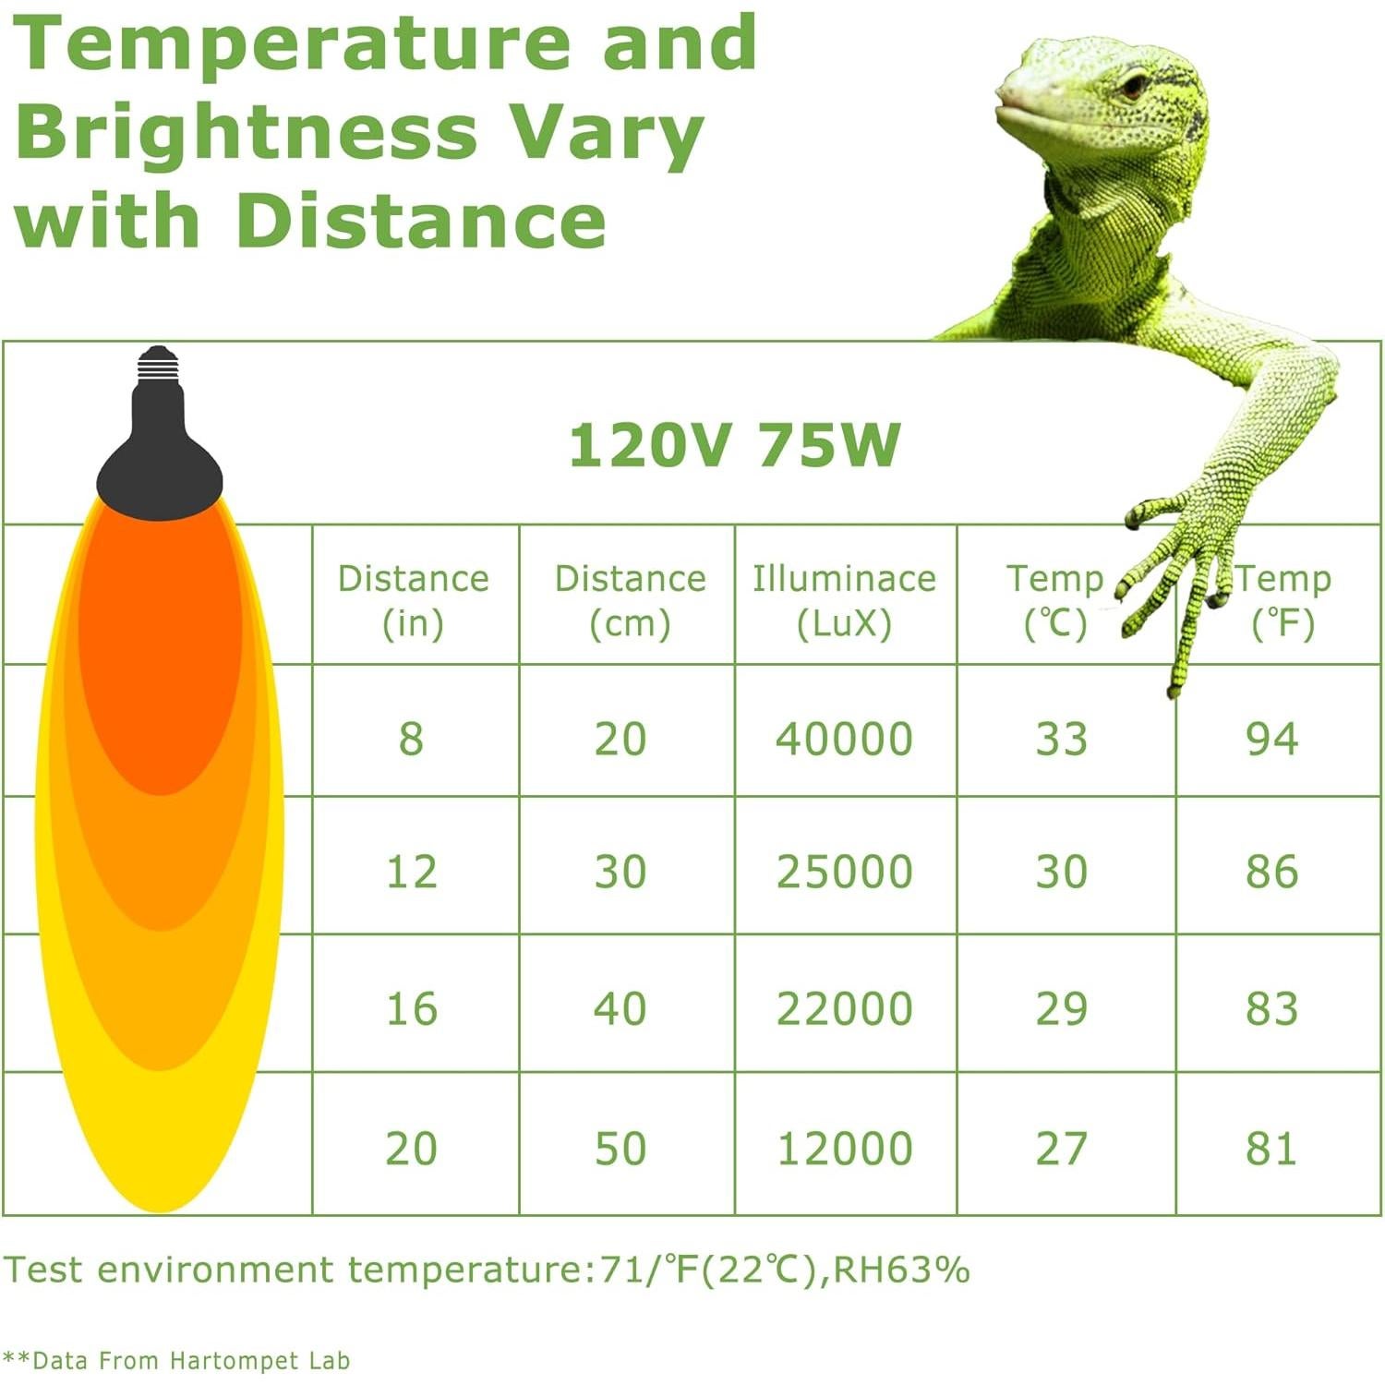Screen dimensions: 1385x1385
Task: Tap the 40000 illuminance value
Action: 844,739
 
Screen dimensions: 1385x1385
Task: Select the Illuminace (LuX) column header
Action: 844,600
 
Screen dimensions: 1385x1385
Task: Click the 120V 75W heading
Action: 734,445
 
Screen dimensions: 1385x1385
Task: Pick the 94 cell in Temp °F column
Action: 1271,739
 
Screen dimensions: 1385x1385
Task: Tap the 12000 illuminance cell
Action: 844,1149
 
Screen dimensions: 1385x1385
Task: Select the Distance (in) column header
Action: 413,600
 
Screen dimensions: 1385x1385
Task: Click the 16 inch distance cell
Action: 412,1008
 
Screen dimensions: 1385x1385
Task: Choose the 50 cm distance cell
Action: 620,1149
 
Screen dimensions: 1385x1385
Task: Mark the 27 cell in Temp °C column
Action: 1061,1149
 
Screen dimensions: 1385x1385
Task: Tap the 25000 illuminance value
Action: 844,872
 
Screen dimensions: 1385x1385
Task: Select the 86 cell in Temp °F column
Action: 1271,872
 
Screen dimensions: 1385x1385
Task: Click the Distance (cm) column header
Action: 630,600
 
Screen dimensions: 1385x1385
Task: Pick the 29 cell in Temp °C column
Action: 1061,1008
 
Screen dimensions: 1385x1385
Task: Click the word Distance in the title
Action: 421,221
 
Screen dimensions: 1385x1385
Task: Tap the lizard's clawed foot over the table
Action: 1177,572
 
